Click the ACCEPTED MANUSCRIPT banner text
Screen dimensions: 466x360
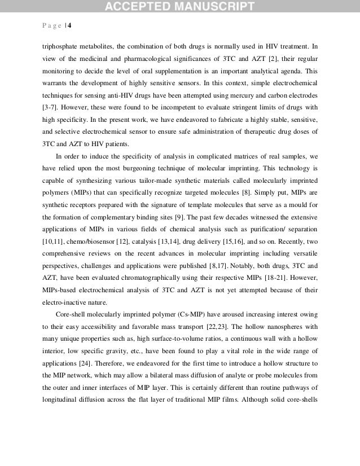click(x=179, y=7)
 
